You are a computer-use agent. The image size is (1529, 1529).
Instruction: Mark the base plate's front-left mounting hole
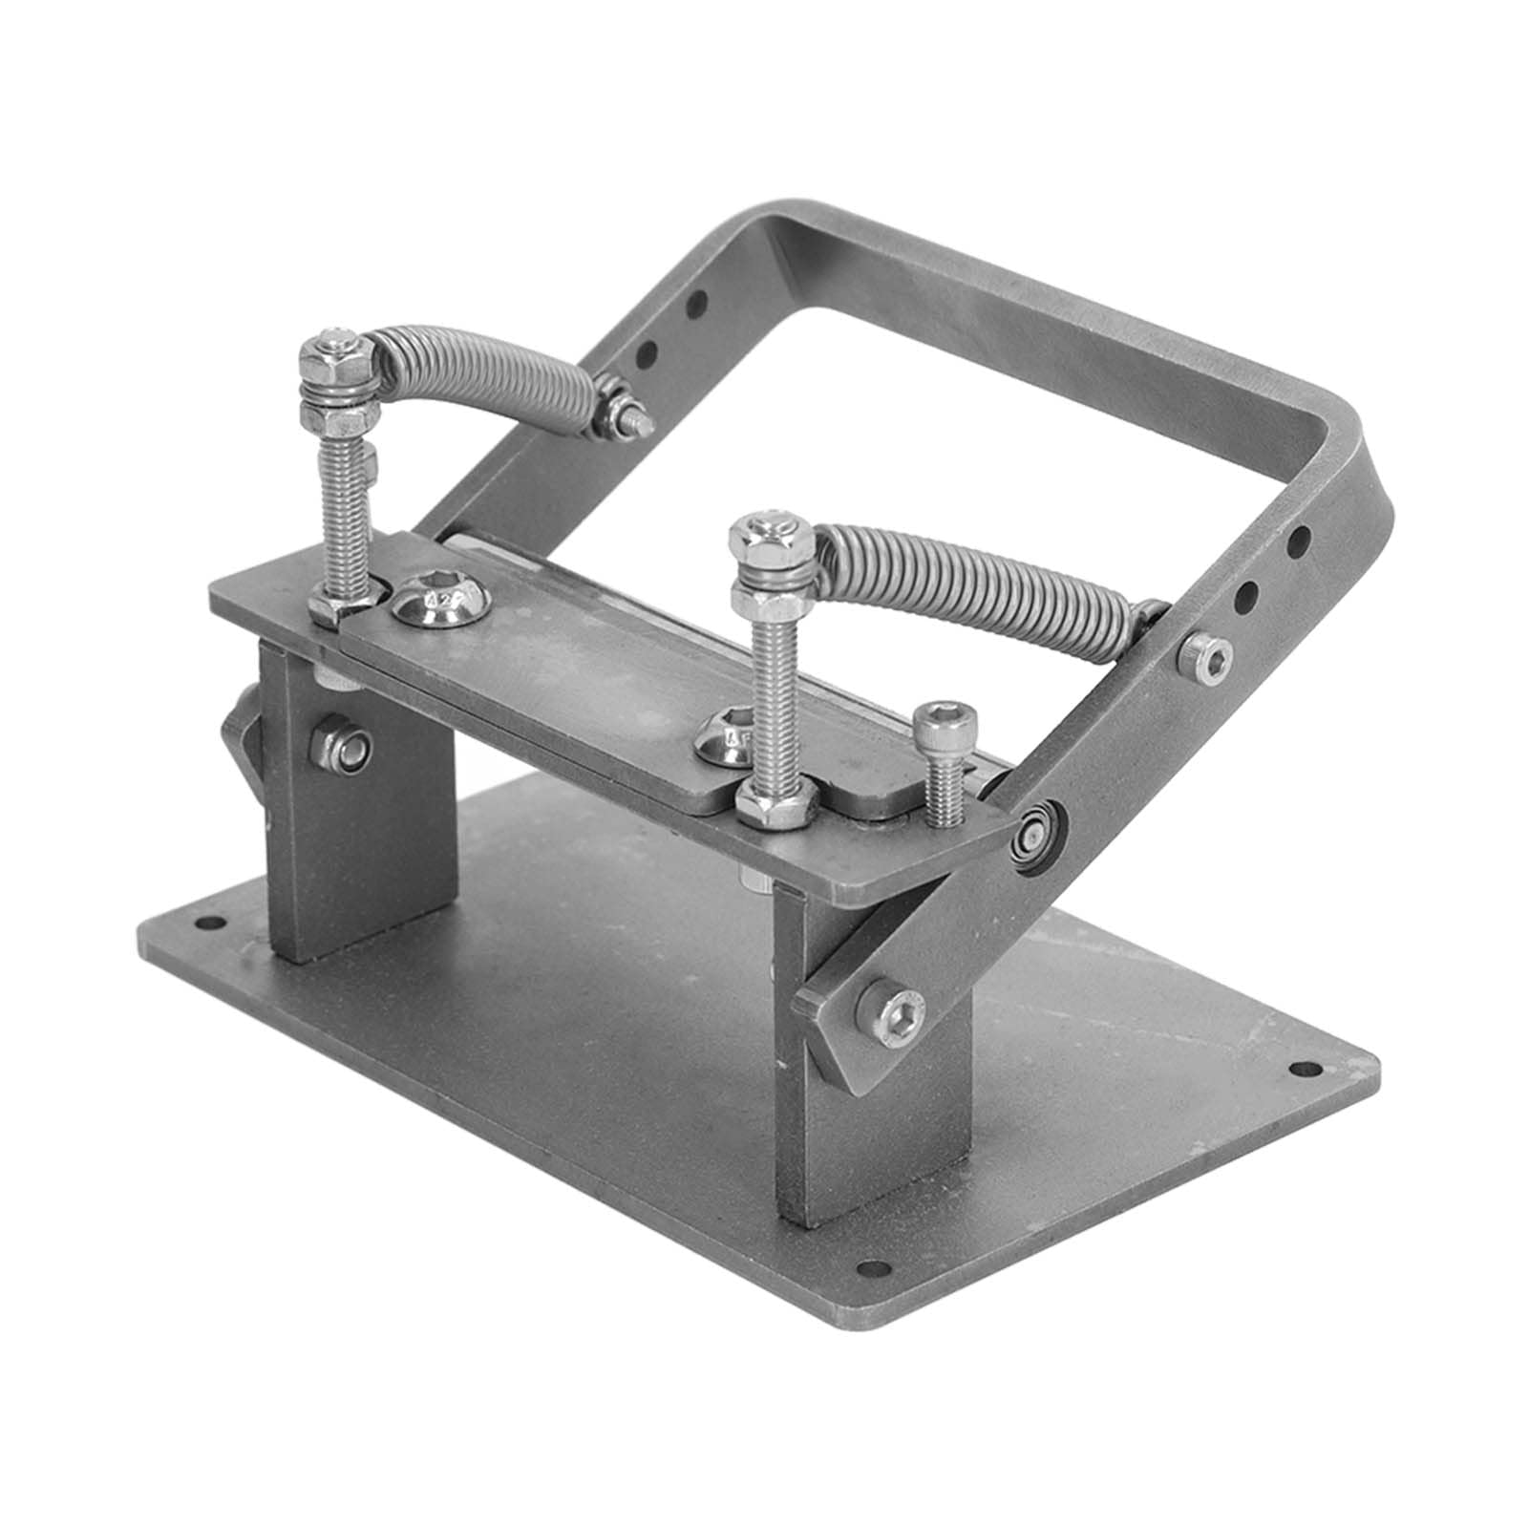206,924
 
